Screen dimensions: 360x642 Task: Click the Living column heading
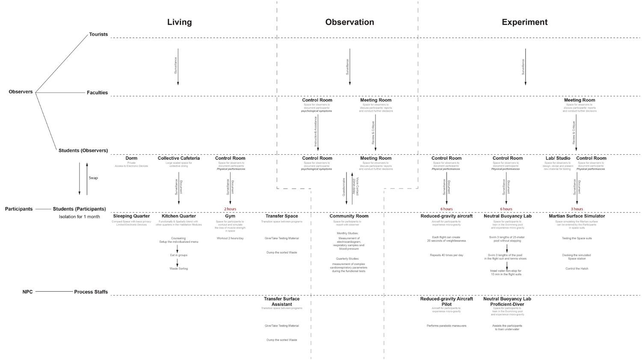point(179,22)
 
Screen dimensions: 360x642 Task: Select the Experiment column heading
point(524,22)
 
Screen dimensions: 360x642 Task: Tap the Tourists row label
point(98,34)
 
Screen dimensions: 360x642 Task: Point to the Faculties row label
point(97,93)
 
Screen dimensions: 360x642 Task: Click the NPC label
point(27,292)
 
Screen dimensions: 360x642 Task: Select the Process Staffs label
point(91,292)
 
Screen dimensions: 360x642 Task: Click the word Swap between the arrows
point(93,178)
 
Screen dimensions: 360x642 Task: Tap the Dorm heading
point(131,158)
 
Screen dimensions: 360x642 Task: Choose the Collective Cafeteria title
point(178,158)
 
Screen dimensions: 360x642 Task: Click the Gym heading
point(230,216)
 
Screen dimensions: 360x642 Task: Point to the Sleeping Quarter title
point(131,216)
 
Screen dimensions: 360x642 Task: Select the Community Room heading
point(349,216)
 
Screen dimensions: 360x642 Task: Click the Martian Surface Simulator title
point(577,216)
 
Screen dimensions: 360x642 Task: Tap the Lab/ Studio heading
point(558,158)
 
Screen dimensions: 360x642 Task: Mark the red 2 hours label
point(230,209)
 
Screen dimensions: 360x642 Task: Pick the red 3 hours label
point(577,209)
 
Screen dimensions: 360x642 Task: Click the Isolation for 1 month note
point(79,217)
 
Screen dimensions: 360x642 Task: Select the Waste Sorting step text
point(178,269)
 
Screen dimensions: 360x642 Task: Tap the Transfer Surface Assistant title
point(281,301)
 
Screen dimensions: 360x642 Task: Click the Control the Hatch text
point(577,269)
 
